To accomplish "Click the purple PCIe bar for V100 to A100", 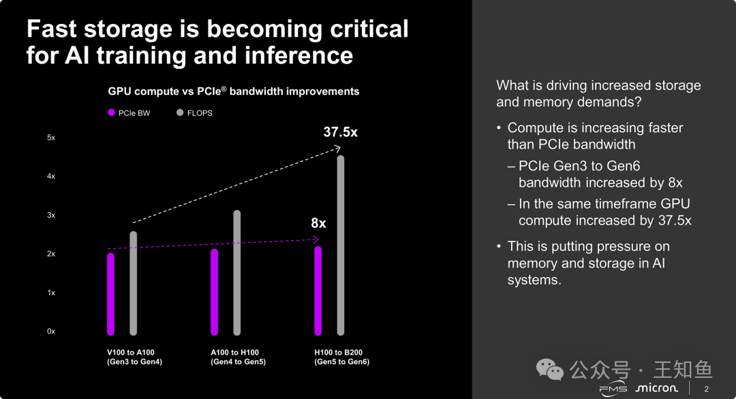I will click(x=111, y=294).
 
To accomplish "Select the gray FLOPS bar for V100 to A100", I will click(x=134, y=283).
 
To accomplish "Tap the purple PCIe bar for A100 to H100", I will click(x=215, y=292).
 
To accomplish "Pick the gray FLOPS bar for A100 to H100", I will click(x=237, y=273).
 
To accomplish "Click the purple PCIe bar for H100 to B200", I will click(x=318, y=291).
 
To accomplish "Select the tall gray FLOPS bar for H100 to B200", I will click(x=341, y=246).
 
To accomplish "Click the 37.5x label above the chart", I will click(x=340, y=132).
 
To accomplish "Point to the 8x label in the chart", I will click(x=318, y=223).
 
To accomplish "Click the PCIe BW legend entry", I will click(x=129, y=113).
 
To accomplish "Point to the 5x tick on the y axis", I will click(x=51, y=138).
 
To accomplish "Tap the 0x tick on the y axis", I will click(x=51, y=331).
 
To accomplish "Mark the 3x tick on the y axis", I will click(x=51, y=216).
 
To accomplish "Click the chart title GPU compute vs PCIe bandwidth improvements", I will click(x=234, y=91).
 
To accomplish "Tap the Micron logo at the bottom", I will click(x=656, y=388).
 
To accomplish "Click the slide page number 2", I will click(x=706, y=389).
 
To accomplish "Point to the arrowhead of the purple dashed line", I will click(x=316, y=239).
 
